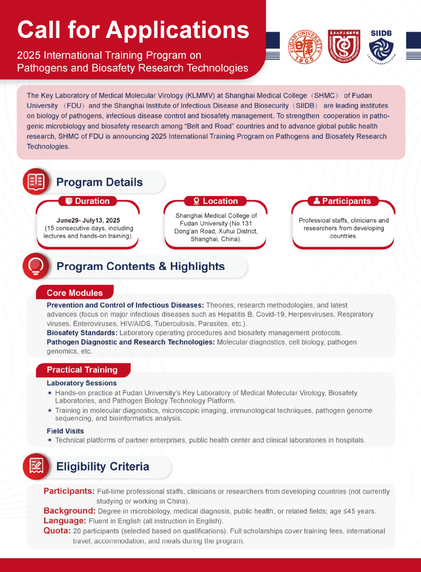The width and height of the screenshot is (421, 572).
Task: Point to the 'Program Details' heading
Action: (x=99, y=182)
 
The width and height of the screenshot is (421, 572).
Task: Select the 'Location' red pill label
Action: (x=216, y=201)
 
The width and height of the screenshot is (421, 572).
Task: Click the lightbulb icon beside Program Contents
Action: (x=36, y=266)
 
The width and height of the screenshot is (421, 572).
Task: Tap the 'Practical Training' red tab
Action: (x=82, y=370)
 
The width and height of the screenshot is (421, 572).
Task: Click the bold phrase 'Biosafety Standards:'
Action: (x=82, y=333)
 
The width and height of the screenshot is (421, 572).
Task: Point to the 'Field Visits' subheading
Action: (x=65, y=431)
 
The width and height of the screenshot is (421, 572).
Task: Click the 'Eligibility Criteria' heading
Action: (x=102, y=467)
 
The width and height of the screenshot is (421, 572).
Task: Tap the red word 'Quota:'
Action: (x=58, y=531)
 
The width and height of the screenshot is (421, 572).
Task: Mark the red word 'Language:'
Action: (x=65, y=521)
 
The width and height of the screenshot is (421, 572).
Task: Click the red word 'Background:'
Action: (x=70, y=511)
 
